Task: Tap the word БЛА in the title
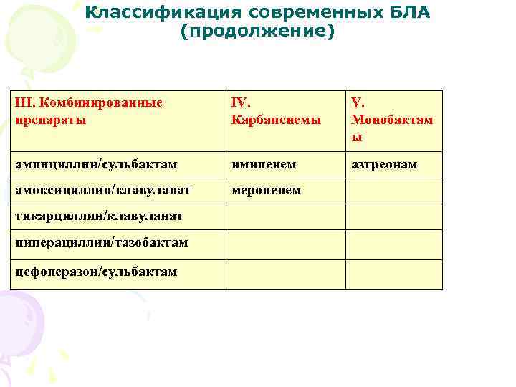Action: (409, 14)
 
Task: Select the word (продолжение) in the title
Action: (257, 32)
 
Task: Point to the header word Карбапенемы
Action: (276, 119)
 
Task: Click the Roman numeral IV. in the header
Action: (240, 102)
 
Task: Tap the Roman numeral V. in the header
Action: (357, 102)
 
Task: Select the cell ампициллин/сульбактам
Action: (96, 165)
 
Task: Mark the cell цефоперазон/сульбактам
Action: (96, 272)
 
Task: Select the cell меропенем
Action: (266, 190)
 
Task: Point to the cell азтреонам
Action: (384, 165)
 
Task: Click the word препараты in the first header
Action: (51, 119)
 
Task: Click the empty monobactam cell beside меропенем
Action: (394, 190)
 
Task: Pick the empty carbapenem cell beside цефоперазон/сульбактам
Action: (285, 274)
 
